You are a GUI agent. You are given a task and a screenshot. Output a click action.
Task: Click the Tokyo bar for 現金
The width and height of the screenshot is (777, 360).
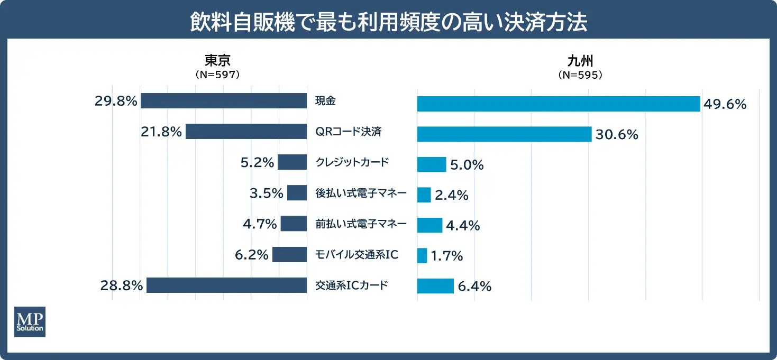pyautogui.click(x=223, y=101)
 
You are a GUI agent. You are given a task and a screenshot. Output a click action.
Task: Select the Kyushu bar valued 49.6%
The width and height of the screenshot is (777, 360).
pyautogui.click(x=559, y=104)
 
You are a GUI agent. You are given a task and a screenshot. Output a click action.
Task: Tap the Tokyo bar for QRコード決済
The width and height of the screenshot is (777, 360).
pyautogui.click(x=246, y=132)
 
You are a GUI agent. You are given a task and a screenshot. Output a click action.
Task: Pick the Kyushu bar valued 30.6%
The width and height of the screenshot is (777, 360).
pyautogui.click(x=504, y=134)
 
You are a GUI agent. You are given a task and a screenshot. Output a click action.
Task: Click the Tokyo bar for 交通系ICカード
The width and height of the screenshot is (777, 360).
pyautogui.click(x=226, y=285)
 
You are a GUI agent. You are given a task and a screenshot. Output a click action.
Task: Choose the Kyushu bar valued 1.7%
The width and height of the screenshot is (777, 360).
pyautogui.click(x=422, y=256)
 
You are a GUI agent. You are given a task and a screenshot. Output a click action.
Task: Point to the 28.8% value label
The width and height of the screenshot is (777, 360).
pyautogui.click(x=122, y=286)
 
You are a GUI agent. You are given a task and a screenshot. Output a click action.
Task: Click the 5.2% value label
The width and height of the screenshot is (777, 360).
pyautogui.click(x=257, y=163)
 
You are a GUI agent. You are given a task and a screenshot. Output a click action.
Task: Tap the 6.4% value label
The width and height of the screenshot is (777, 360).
pyautogui.click(x=474, y=287)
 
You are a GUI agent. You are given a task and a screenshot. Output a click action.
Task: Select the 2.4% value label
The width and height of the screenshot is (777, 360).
pyautogui.click(x=451, y=196)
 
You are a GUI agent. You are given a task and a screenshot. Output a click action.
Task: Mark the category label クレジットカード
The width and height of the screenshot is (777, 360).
pyautogui.click(x=352, y=162)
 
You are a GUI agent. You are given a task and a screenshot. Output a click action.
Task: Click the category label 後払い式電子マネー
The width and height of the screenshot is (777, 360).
pyautogui.click(x=361, y=193)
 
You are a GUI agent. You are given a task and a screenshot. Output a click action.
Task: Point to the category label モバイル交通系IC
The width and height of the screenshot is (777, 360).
pyautogui.click(x=356, y=255)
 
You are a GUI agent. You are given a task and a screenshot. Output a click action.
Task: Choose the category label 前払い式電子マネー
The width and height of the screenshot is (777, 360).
pyautogui.click(x=361, y=224)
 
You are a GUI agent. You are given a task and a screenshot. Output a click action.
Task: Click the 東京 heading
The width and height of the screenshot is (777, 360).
pyautogui.click(x=218, y=61)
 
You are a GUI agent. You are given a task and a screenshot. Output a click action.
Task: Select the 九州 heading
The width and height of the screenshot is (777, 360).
pyautogui.click(x=580, y=61)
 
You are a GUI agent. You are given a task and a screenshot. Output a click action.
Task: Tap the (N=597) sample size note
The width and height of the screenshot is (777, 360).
pyautogui.click(x=218, y=75)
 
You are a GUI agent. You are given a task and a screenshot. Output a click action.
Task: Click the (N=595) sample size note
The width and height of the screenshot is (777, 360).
pyautogui.click(x=580, y=75)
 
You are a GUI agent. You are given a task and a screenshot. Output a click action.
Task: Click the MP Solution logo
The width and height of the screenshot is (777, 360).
pyautogui.click(x=30, y=321)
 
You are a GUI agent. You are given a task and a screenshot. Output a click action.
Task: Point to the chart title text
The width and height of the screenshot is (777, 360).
pyautogui.click(x=388, y=23)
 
